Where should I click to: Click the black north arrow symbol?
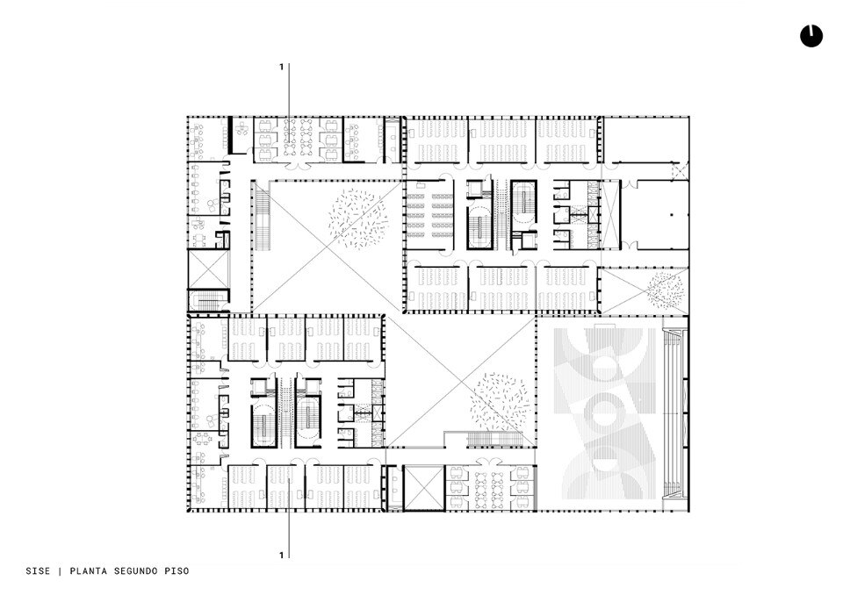pyautogui.click(x=811, y=36)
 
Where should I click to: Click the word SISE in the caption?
pyautogui.click(x=38, y=570)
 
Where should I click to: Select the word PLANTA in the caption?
pyautogui.click(x=86, y=570)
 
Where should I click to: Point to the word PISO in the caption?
pyautogui.click(x=177, y=570)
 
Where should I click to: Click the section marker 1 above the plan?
pyautogui.click(x=281, y=68)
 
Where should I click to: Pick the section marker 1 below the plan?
pyautogui.click(x=281, y=556)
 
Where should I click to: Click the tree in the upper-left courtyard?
pyautogui.click(x=358, y=215)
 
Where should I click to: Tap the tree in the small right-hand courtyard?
pyautogui.click(x=666, y=290)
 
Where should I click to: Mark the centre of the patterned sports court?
pyautogui.click(x=605, y=412)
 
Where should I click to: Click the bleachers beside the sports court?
pyautogui.click(x=673, y=412)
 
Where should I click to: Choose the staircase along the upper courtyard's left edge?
pyautogui.click(x=263, y=215)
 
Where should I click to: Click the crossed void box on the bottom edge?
pyautogui.click(x=423, y=488)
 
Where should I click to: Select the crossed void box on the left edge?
pyautogui.click(x=209, y=269)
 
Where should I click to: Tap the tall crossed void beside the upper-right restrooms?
pyautogui.click(x=609, y=215)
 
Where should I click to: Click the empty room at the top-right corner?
pyautogui.click(x=645, y=140)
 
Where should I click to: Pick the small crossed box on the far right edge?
pyautogui.click(x=680, y=171)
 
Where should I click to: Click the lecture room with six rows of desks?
pyautogui.click(x=429, y=215)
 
